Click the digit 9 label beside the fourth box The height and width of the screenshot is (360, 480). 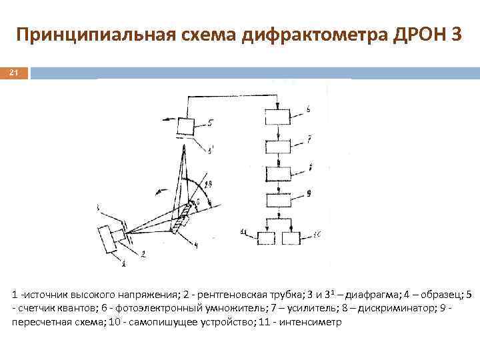coord(309,194)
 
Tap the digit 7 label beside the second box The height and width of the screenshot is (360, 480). coord(308,140)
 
